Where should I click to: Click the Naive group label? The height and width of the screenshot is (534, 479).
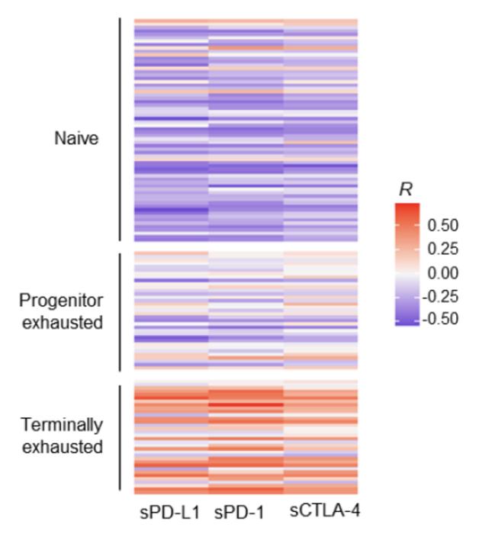click(x=76, y=139)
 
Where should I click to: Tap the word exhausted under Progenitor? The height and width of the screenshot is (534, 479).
click(x=61, y=322)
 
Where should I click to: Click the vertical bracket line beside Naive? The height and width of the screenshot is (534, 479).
click(x=120, y=130)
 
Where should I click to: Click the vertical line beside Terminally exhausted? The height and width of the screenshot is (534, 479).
click(x=120, y=437)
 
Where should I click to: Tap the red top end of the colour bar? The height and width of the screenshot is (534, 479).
click(x=407, y=208)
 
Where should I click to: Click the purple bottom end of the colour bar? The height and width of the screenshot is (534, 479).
click(x=407, y=321)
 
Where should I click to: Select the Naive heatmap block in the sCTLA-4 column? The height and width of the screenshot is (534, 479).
click(x=320, y=130)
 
